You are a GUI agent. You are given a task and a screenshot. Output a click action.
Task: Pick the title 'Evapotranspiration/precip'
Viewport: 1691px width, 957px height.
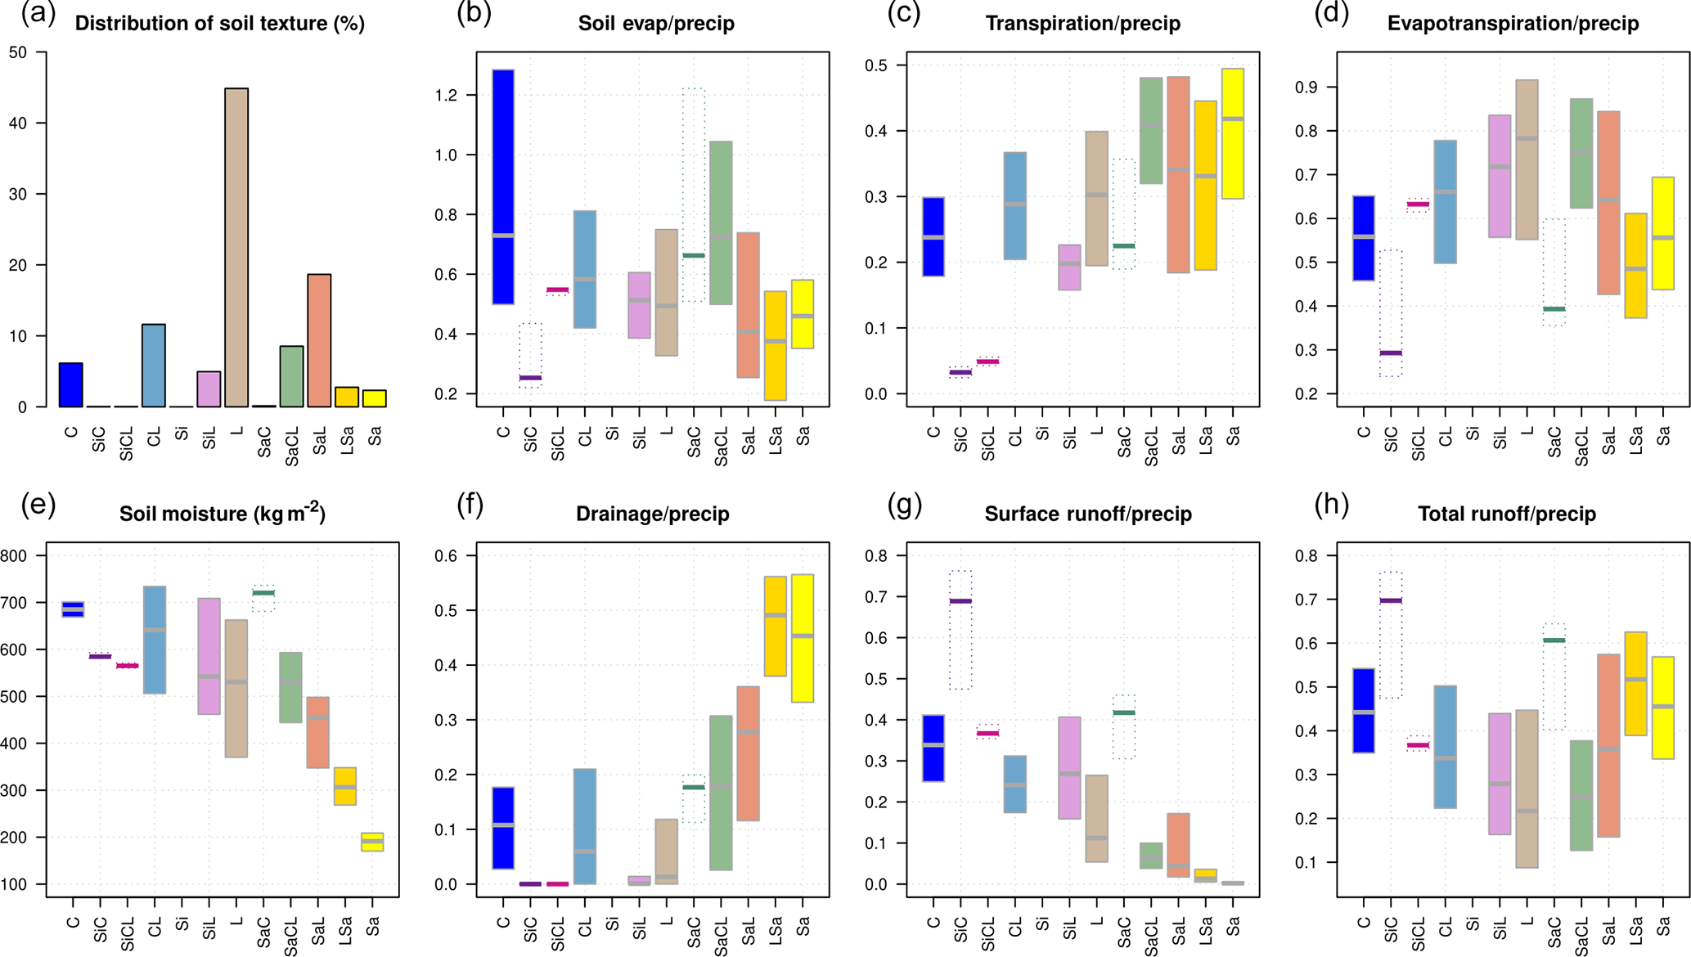[1513, 24]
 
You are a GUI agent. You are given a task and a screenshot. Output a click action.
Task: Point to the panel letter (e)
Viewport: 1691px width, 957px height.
[38, 505]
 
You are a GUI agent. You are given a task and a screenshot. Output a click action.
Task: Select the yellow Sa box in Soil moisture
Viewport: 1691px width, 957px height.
[372, 842]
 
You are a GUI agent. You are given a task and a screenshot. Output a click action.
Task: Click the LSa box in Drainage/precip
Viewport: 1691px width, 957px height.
[776, 626]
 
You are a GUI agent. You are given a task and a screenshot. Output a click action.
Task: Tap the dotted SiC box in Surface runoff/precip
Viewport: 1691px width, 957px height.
[961, 630]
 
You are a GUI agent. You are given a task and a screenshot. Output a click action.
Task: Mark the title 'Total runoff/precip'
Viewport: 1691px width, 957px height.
[1506, 514]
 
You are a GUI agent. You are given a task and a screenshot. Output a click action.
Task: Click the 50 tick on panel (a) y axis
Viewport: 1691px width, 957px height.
[17, 53]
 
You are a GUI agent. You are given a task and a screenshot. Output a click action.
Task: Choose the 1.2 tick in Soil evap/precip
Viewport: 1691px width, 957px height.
[446, 96]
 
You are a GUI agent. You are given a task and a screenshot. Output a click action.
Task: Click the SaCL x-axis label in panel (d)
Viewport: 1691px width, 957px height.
[1581, 447]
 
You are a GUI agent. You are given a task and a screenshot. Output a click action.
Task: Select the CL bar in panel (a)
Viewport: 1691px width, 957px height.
[154, 366]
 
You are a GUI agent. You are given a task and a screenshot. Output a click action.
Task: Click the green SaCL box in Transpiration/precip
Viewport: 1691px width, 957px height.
[1151, 131]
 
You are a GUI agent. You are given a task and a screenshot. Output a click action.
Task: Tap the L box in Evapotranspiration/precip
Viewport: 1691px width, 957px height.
[1527, 159]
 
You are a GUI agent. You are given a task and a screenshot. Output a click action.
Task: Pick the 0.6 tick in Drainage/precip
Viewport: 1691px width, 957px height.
[446, 556]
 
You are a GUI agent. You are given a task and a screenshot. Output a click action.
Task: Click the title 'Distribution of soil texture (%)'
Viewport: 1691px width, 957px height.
[219, 24]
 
